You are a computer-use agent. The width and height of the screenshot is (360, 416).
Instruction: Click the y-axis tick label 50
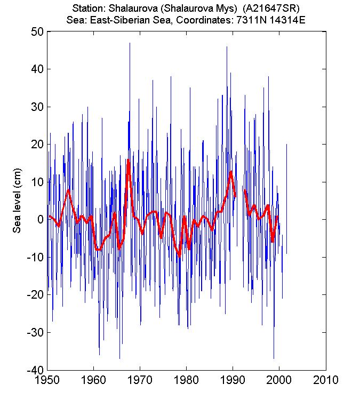coord(37,31)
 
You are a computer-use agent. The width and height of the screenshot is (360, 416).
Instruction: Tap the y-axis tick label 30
coord(37,107)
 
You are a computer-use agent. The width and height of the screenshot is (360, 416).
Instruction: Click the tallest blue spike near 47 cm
coord(130,44)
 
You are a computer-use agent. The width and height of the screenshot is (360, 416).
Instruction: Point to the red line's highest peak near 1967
coord(129,160)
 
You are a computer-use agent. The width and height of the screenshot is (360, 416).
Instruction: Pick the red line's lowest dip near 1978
coord(180,255)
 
